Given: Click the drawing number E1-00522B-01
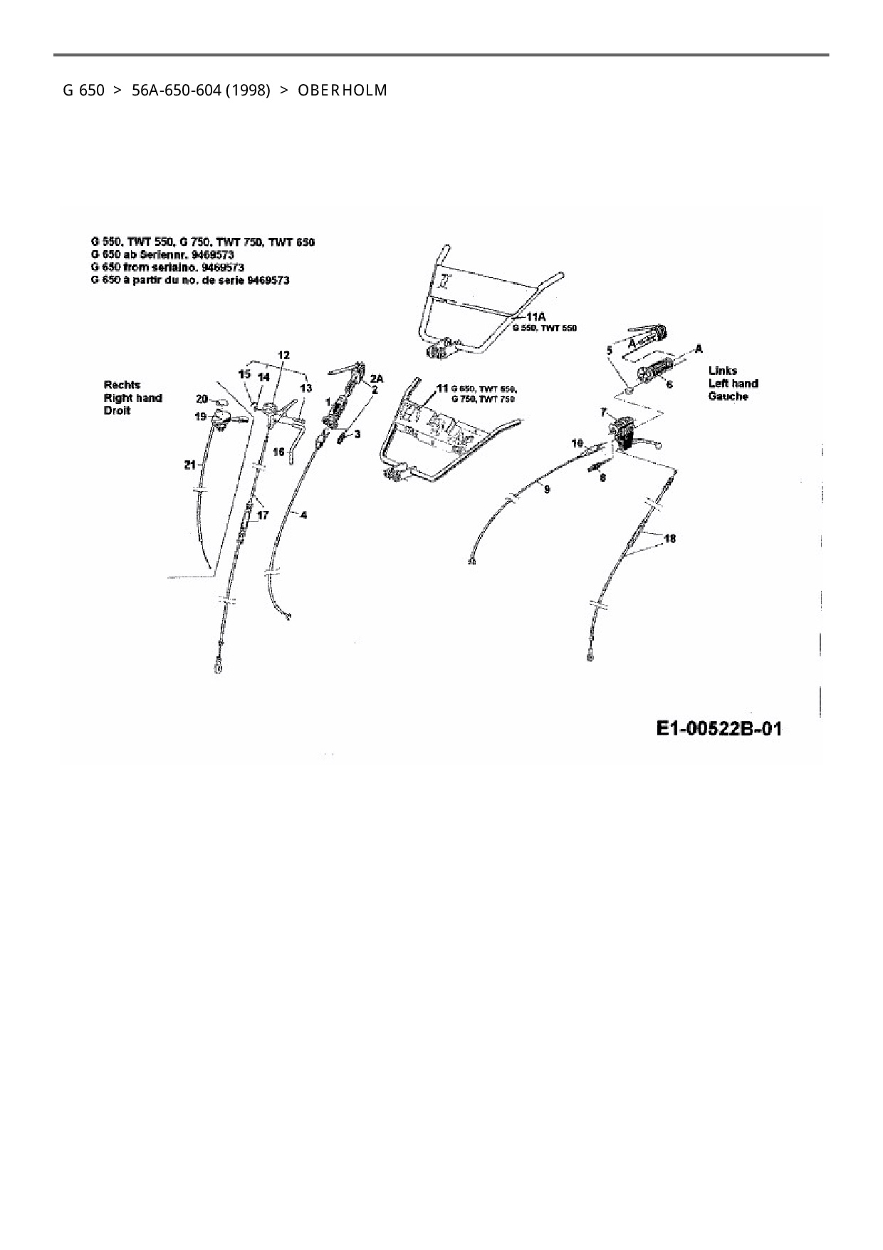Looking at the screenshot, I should pos(719,729).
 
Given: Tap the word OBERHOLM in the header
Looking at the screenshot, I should pos(343,91).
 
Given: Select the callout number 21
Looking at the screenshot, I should pos(189,465).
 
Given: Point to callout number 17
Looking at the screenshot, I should pos(263,515).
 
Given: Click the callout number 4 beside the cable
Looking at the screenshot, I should pos(303,515).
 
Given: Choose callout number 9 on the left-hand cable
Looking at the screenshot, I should pos(546,488).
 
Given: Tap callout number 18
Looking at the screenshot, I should pos(669,539).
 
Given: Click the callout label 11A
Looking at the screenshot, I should pos(535,316).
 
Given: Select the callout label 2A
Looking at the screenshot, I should pos(377,379).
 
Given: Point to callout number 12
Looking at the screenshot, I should pos(283,355).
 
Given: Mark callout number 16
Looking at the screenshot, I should pos(278,452).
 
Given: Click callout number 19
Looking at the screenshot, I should pos(200,416).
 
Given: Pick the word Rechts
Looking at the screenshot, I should pos(122,385).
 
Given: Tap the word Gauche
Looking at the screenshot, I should pos(728,396).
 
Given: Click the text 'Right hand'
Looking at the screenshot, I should pos(132,398).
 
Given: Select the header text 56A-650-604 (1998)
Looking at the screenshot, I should pos(201,91).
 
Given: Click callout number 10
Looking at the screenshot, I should pos(578,443).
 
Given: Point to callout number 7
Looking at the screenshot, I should pos(603,413).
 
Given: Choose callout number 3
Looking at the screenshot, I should pos(357,434).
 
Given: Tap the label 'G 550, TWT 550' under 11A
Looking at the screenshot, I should pos(544,328).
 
